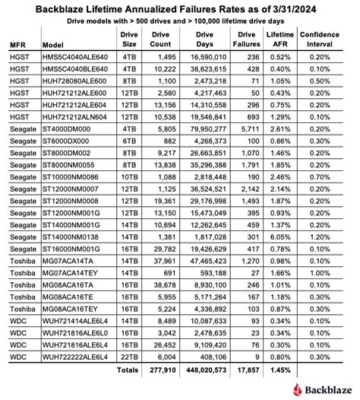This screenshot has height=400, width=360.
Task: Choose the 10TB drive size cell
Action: (127, 195)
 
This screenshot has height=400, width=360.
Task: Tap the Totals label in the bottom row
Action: (127, 370)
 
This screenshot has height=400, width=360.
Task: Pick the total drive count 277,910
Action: (157, 370)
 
